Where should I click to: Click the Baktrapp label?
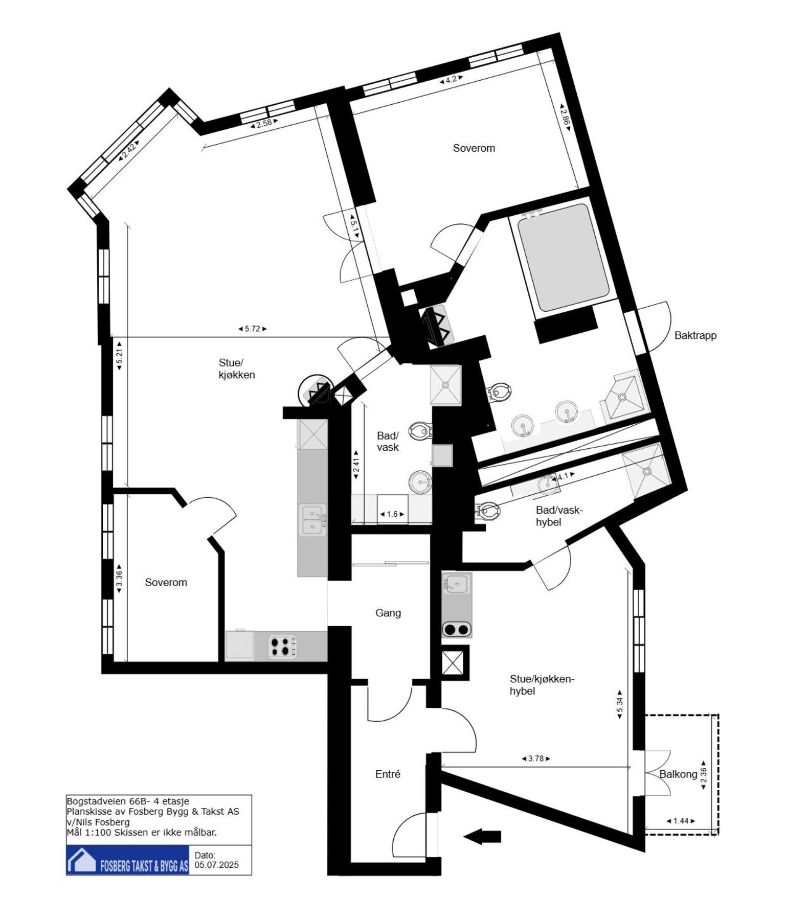coord(695,336)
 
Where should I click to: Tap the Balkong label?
coord(678,774)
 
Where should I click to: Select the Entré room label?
coord(388,774)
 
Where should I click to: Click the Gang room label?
coord(388,613)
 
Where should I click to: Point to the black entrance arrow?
coord(482,837)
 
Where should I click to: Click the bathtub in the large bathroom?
coord(563,258)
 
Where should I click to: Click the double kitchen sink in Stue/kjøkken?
coord(312,520)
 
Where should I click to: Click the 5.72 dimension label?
coord(253,329)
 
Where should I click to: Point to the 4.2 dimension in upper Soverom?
coord(451,79)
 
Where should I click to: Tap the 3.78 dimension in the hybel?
coord(536,759)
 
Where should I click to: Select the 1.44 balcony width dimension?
coord(681,821)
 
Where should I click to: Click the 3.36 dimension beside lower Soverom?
coord(119,579)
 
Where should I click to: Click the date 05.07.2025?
coord(216,865)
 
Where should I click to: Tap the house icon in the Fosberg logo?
coord(82,860)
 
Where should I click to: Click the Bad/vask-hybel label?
coord(558,516)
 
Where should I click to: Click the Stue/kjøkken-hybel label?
coord(542,685)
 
